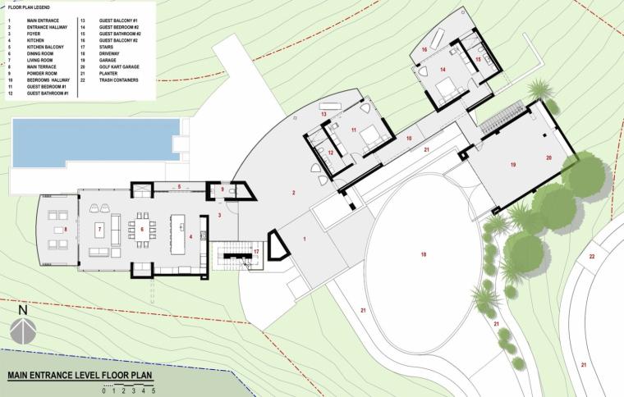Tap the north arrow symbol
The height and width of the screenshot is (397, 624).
(23, 331)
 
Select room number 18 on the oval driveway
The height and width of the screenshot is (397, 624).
(424, 255)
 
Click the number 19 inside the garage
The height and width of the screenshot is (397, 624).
(512, 165)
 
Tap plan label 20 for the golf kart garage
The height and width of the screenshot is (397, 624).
(548, 157)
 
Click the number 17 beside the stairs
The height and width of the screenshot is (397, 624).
(256, 251)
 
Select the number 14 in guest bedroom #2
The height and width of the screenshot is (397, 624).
(443, 71)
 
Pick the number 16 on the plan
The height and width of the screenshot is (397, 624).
(424, 50)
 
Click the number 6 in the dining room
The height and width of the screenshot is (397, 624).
(142, 229)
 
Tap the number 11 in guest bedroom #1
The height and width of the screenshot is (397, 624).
(354, 130)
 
